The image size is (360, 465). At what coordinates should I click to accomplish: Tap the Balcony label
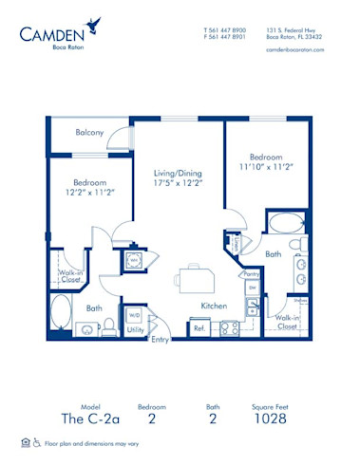pyautogui.click(x=89, y=132)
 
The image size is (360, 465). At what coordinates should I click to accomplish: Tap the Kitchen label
pyautogui.click(x=213, y=306)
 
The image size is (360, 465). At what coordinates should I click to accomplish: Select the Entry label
pyautogui.click(x=161, y=339)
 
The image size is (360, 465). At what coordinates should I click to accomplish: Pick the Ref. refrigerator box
pyautogui.click(x=199, y=328)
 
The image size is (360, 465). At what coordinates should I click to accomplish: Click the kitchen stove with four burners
pyautogui.click(x=230, y=328)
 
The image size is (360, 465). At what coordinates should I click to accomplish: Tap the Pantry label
pyautogui.click(x=252, y=273)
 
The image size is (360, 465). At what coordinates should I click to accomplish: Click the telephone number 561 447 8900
pyautogui.click(x=227, y=29)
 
